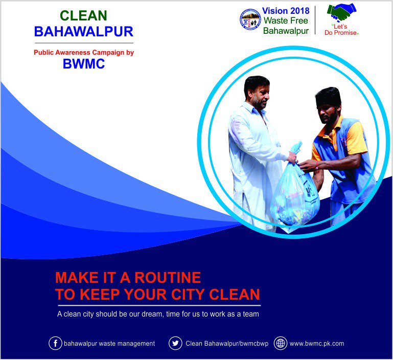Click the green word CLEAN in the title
pyautogui.click(x=83, y=15)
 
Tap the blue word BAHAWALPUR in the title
pyautogui.click(x=84, y=32)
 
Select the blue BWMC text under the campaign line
pyautogui.click(x=84, y=64)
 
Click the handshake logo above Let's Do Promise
pyautogui.click(x=341, y=12)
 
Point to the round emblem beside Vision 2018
pyautogui.click(x=250, y=19)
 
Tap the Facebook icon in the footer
pyautogui.click(x=55, y=343)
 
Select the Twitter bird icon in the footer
pyautogui.click(x=175, y=343)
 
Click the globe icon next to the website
pyautogui.click(x=281, y=343)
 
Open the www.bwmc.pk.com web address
pyautogui.click(x=317, y=344)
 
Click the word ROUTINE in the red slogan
pyautogui.click(x=168, y=278)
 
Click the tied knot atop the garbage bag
pyautogui.click(x=296, y=148)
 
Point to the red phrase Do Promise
pyautogui.click(x=340, y=33)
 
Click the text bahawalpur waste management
pyautogui.click(x=109, y=344)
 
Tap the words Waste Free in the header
pyautogui.click(x=286, y=20)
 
